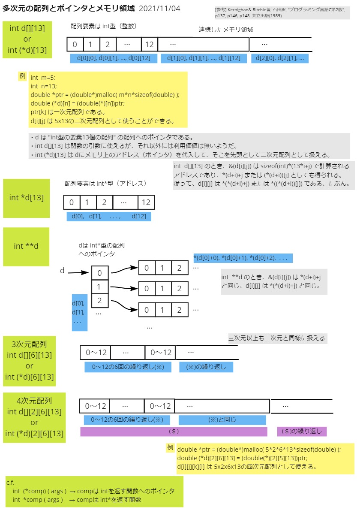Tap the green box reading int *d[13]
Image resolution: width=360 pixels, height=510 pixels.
click(x=26, y=198)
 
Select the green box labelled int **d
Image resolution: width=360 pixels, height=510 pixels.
click(x=26, y=246)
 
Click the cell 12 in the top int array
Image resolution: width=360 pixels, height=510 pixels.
click(x=149, y=44)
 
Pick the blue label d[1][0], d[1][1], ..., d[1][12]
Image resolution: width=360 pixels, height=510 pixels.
click(x=204, y=58)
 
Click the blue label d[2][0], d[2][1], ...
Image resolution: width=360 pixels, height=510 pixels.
click(x=280, y=58)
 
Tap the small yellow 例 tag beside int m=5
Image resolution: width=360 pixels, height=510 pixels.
click(x=22, y=76)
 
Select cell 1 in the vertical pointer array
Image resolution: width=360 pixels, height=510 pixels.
click(x=100, y=287)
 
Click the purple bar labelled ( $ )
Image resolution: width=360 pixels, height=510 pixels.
click(x=174, y=431)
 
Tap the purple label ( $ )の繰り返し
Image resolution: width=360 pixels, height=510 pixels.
click(x=302, y=431)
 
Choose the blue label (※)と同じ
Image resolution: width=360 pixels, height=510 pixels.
click(x=222, y=419)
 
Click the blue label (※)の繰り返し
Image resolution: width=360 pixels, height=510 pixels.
click(x=206, y=367)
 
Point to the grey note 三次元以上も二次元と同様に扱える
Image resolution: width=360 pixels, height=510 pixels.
click(x=277, y=338)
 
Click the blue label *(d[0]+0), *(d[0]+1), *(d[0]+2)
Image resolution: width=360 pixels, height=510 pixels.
click(x=243, y=258)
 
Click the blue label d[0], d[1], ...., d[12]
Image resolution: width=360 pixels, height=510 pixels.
click(x=109, y=216)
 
